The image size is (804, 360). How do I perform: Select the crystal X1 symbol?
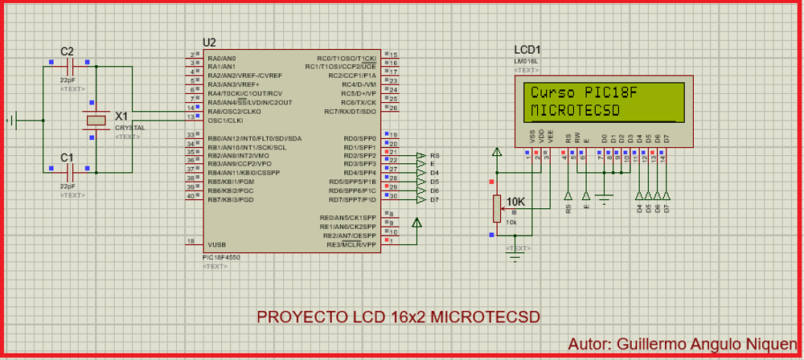[x=96, y=121]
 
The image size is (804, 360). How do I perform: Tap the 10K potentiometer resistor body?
[x=497, y=208]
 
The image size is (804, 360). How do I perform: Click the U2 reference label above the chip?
[x=210, y=43]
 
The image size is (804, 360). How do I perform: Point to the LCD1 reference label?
[x=527, y=50]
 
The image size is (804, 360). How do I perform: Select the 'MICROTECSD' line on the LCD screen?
[x=576, y=109]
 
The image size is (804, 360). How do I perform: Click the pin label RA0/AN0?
[x=222, y=59]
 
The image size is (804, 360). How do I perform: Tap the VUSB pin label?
[x=217, y=243]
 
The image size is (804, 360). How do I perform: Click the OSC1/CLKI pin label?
[x=226, y=120]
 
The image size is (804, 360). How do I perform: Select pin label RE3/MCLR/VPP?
[x=347, y=243]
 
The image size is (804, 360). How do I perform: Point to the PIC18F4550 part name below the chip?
[x=222, y=257]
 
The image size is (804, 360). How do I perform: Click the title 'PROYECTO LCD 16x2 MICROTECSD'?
[x=399, y=317]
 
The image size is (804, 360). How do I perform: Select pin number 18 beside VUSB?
[x=190, y=241]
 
